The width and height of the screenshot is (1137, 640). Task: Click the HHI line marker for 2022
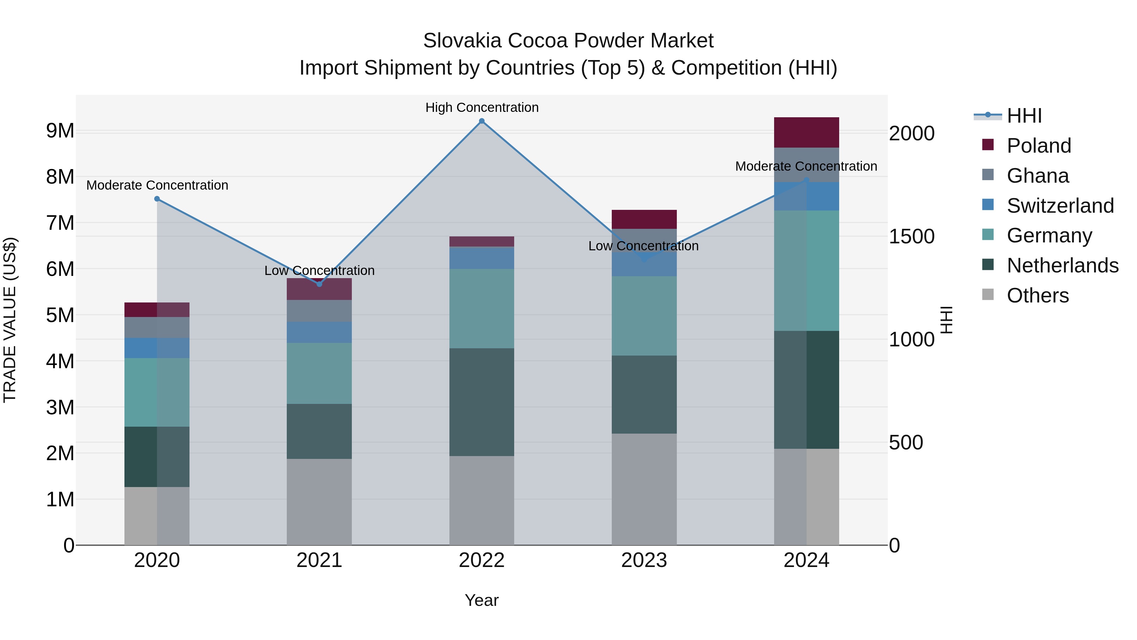coord(482,121)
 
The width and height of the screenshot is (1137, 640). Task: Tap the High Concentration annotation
coord(482,107)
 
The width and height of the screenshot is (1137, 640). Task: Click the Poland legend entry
coord(1038,146)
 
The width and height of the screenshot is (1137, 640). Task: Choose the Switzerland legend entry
coord(1059,206)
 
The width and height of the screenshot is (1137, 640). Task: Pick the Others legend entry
coord(1037,296)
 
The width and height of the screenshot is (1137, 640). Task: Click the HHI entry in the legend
coord(1024,116)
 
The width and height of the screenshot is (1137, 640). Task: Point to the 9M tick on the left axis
coord(60,131)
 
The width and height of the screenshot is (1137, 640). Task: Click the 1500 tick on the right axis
coord(911,236)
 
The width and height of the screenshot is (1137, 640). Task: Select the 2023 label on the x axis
coord(644,560)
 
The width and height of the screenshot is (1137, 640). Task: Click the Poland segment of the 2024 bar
coord(806,132)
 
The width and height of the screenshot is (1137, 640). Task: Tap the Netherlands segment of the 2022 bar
coord(482,402)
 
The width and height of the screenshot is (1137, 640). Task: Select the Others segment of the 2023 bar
coord(644,489)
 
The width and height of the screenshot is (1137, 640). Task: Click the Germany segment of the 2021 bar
coord(319,373)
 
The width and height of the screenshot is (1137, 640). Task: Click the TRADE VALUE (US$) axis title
coord(10,320)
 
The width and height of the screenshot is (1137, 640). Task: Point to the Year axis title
coord(482,600)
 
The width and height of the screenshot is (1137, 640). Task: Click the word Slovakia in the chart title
coord(462,41)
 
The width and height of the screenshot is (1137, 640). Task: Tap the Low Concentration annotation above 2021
coord(319,270)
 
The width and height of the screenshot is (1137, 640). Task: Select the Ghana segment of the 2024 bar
coord(806,165)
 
